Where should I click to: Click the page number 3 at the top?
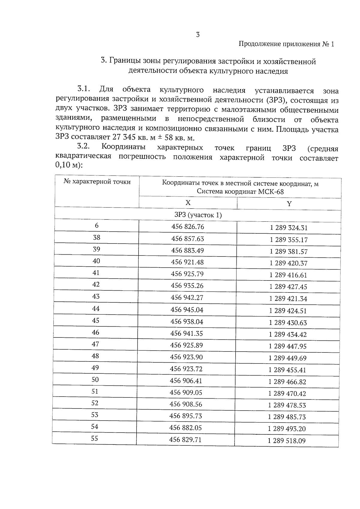tap(198, 35)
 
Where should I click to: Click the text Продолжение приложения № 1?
tap(286, 44)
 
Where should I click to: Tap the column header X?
tap(188, 203)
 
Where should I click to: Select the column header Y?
tap(289, 204)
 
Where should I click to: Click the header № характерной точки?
tap(97, 182)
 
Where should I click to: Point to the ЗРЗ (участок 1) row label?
tap(198, 215)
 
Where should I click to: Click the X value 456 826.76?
tap(187, 227)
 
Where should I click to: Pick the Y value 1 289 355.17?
tap(289, 240)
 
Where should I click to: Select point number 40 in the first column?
tap(96, 261)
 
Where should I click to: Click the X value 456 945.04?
tap(187, 310)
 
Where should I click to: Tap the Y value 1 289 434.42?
tap(288, 334)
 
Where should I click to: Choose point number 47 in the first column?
tap(95, 344)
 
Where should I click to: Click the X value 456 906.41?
tap(186, 381)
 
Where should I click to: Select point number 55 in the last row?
tap(94, 439)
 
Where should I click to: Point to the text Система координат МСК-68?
tap(240, 192)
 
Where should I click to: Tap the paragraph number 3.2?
tap(84, 147)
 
